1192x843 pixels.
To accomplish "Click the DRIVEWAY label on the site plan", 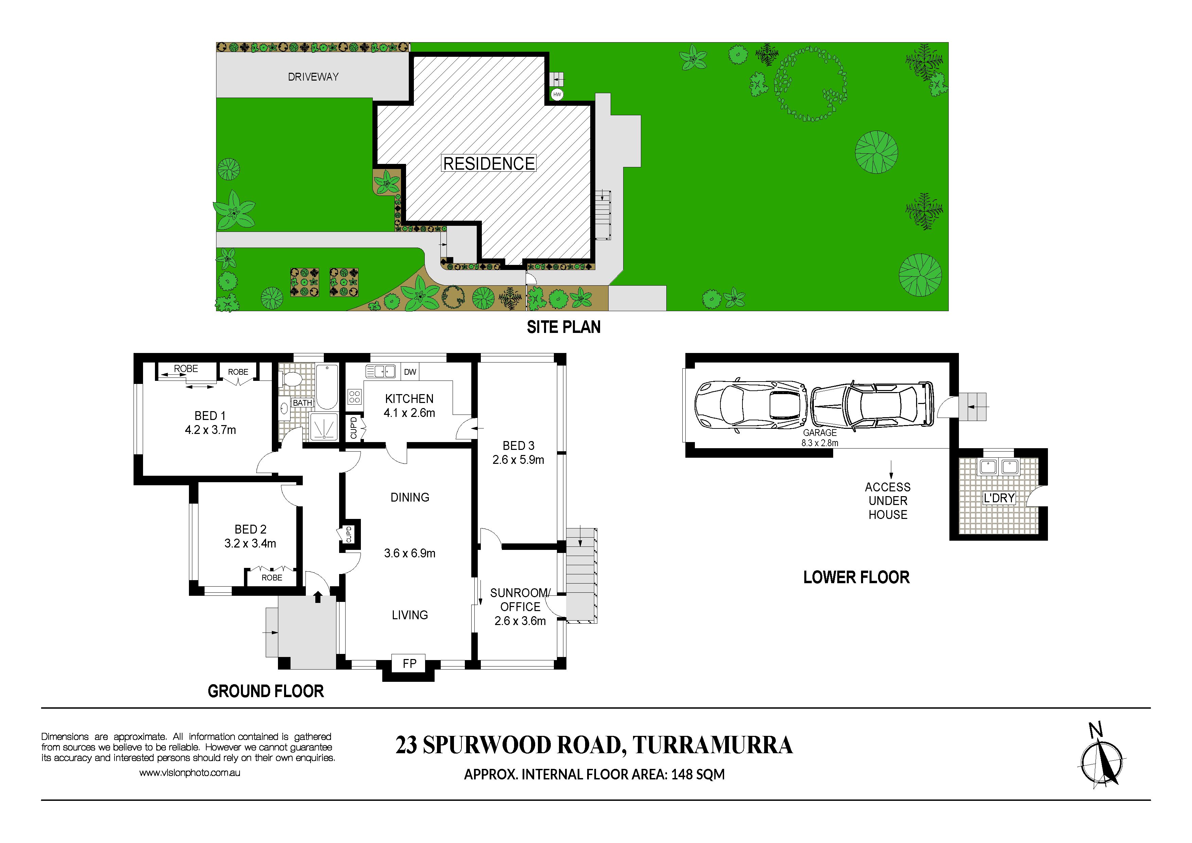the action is click(x=313, y=77).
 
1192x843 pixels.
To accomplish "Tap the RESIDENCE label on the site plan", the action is click(x=489, y=164).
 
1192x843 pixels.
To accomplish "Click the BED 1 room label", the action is click(x=210, y=416).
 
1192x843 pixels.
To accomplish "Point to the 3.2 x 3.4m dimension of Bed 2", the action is click(x=250, y=543).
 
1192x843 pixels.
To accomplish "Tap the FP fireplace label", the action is click(x=409, y=663).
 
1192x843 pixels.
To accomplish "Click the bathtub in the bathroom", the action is click(x=327, y=387).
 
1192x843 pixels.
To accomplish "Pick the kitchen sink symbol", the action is click(x=381, y=371).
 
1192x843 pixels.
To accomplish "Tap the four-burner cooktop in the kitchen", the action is click(x=355, y=397).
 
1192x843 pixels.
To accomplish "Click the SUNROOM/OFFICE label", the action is click(x=520, y=600).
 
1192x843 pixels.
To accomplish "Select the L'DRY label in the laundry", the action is click(x=999, y=498).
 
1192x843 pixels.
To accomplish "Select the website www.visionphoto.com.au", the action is click(x=190, y=773).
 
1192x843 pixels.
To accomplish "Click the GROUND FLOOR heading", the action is click(x=266, y=691).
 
